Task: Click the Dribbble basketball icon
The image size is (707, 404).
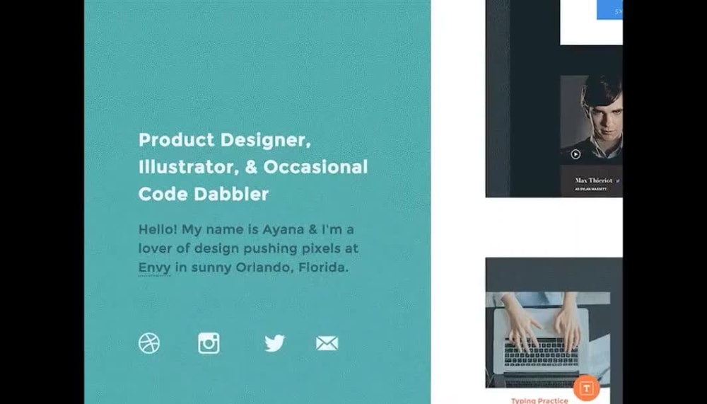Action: coord(149,344)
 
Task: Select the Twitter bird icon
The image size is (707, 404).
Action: coord(274,344)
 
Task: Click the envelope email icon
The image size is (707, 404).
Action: coord(327,344)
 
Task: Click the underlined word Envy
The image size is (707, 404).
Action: coord(154,267)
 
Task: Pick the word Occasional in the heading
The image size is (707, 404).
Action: coord(315,167)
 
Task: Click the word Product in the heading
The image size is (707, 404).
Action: coord(176,140)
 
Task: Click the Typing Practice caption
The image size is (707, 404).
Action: coord(539,400)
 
